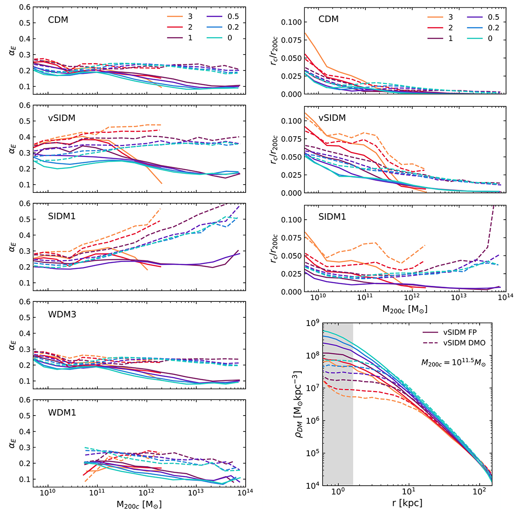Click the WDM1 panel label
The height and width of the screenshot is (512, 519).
[x=62, y=413]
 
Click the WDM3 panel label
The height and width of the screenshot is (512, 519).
[x=62, y=314]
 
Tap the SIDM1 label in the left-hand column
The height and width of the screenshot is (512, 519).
[x=62, y=216]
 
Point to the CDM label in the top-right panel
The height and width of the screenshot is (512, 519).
[x=328, y=19]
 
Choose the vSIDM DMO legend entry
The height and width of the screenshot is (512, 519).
[x=453, y=342]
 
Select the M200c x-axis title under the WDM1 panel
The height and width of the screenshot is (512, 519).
[x=139, y=503]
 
